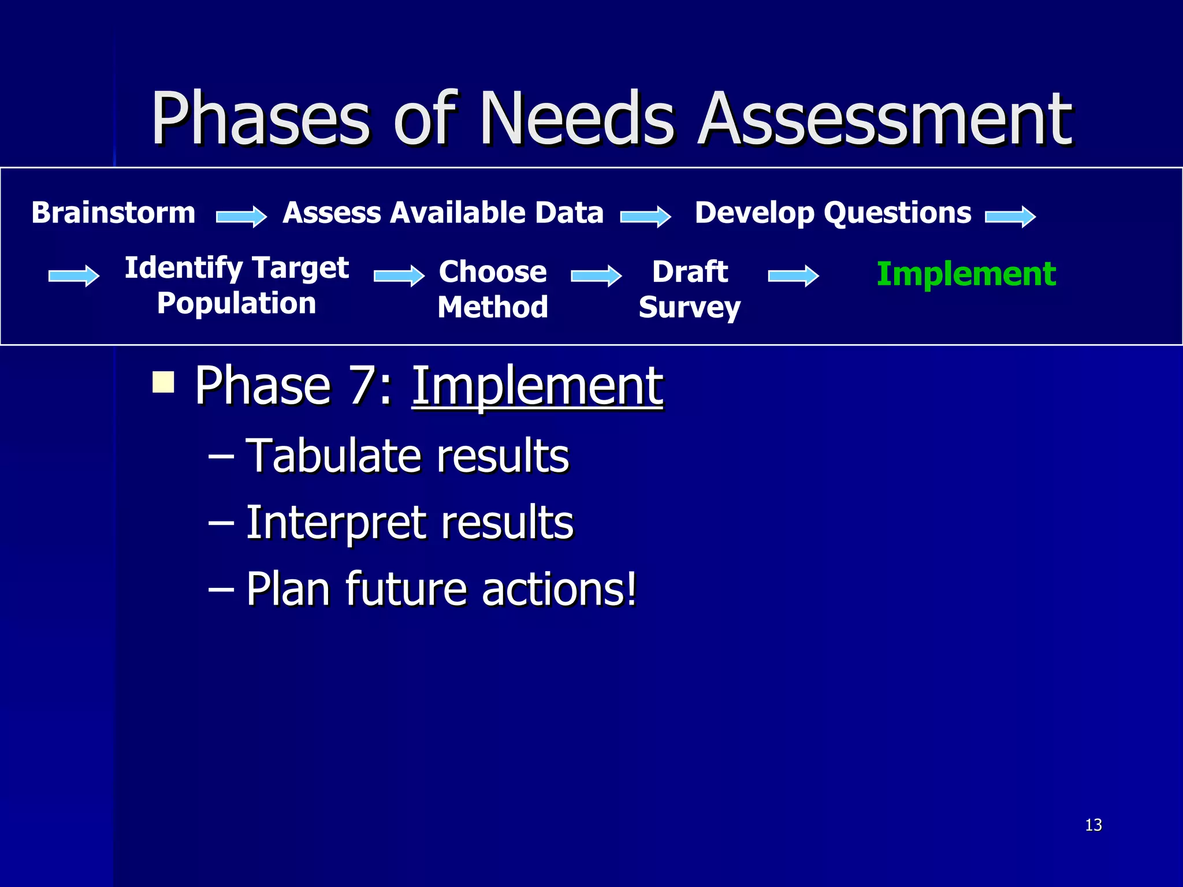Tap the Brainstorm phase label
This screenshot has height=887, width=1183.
click(x=113, y=213)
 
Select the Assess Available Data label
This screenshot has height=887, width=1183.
click(x=443, y=213)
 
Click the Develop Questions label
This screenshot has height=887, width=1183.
click(x=833, y=213)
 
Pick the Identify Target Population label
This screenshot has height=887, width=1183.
click(x=237, y=285)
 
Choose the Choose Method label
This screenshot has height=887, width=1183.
click(x=493, y=289)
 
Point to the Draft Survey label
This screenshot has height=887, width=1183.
click(x=690, y=289)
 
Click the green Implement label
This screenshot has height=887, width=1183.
click(x=966, y=274)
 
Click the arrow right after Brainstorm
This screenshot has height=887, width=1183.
click(x=241, y=217)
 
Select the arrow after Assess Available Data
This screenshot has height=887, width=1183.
click(x=646, y=217)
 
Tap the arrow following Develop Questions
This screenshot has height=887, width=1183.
click(x=1010, y=217)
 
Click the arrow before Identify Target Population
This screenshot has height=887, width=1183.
click(x=74, y=275)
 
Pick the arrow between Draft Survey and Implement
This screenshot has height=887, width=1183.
click(x=794, y=275)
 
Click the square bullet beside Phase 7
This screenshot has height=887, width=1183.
click(x=163, y=382)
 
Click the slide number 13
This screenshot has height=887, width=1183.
click(x=1093, y=825)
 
